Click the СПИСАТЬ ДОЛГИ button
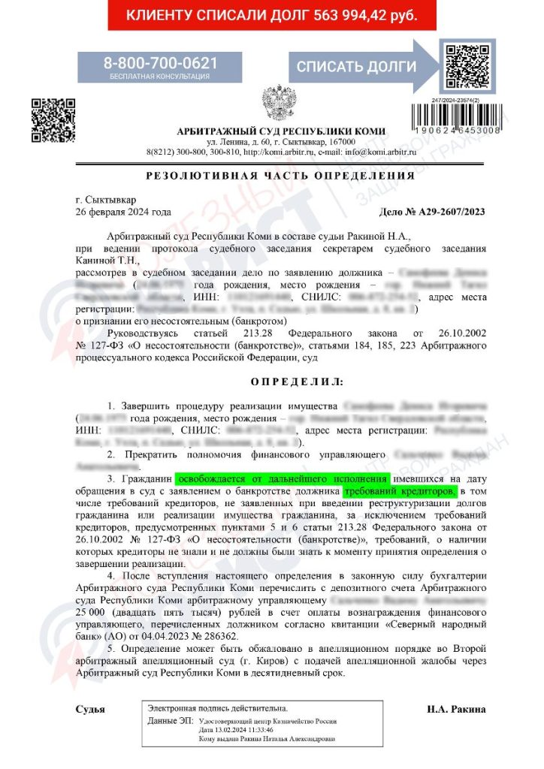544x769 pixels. (355, 66)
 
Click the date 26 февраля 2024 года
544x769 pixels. (124, 212)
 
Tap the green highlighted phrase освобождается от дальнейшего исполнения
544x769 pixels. (283, 478)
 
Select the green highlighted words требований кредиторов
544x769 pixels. (399, 490)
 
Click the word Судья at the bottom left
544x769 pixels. (90, 709)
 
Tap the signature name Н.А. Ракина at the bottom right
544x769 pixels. (455, 709)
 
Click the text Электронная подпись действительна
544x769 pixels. (218, 708)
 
